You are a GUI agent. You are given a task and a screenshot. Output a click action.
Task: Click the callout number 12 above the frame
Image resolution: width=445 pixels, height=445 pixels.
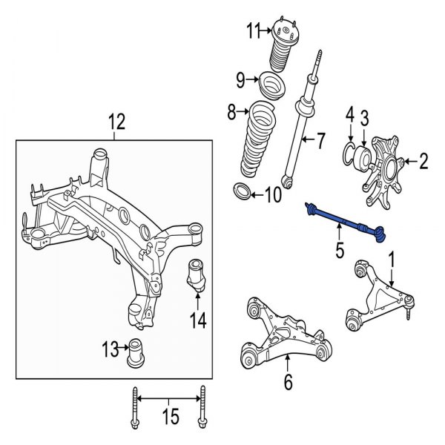click(x=117, y=120)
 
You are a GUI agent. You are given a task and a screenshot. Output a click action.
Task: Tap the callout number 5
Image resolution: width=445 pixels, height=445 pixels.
click(x=339, y=251)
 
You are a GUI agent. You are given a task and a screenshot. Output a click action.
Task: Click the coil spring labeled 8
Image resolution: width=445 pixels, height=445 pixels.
click(x=262, y=141)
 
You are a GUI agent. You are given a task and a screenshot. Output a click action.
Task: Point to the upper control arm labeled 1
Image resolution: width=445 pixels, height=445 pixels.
click(x=378, y=297)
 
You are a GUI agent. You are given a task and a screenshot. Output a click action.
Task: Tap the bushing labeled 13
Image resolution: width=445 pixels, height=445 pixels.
click(x=136, y=352)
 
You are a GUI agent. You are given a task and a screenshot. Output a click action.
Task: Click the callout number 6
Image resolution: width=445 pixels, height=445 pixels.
click(x=288, y=383)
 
